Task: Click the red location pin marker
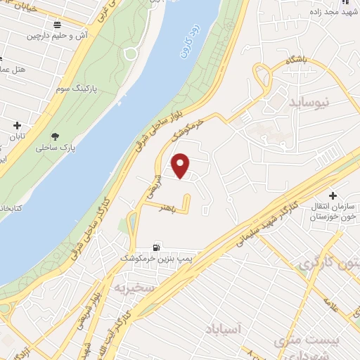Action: [x=181, y=166]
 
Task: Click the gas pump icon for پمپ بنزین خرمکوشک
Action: [x=156, y=247]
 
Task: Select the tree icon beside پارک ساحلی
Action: [x=56, y=136]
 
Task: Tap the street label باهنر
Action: [x=167, y=208]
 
